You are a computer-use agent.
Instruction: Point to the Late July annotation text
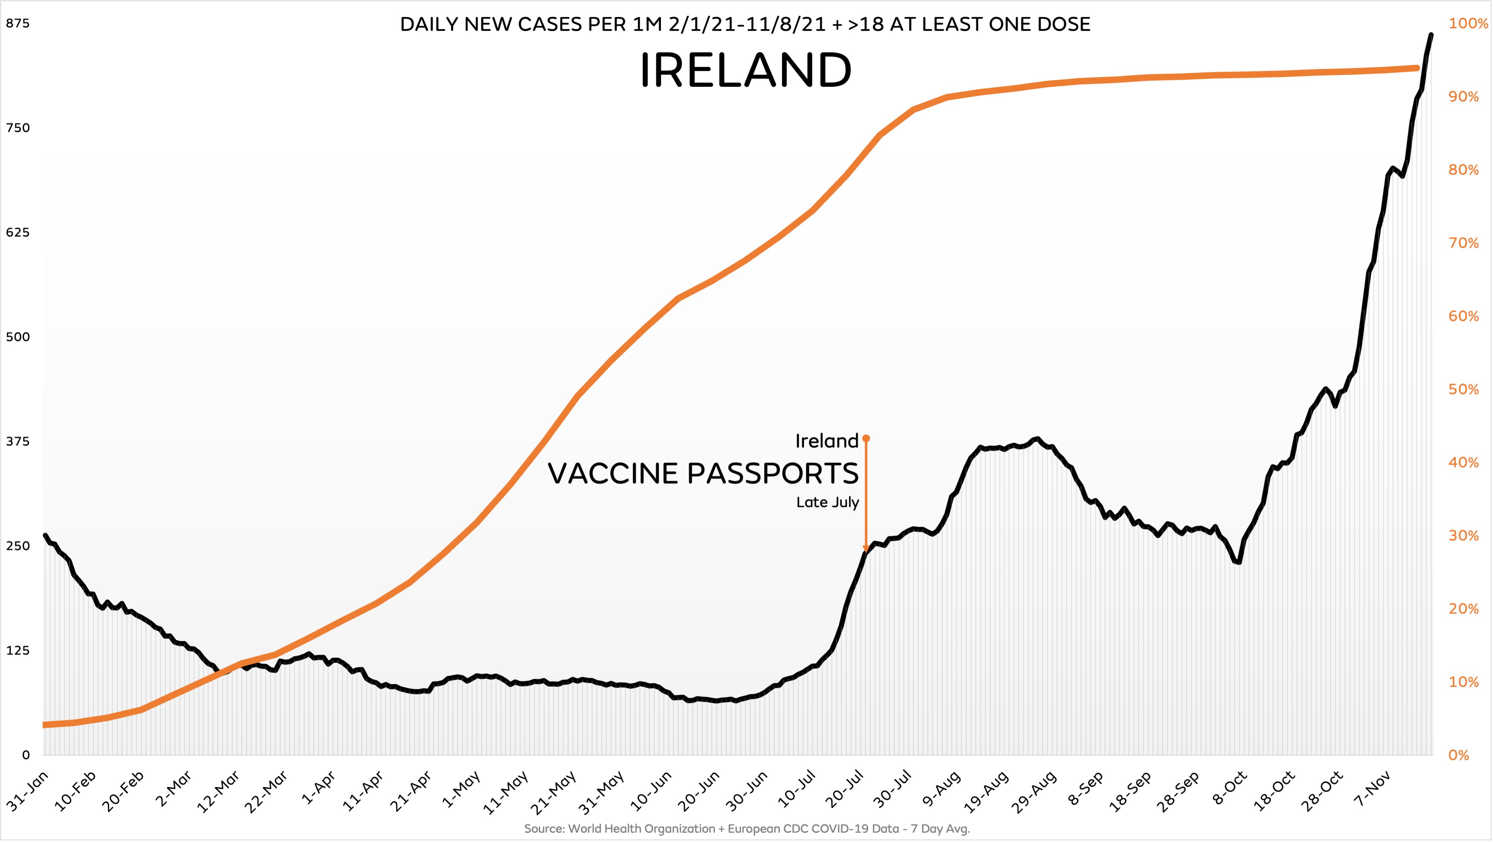pyautogui.click(x=827, y=502)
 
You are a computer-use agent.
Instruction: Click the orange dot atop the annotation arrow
pyautogui.click(x=866, y=439)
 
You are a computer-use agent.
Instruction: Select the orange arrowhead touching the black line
pyautogui.click(x=866, y=548)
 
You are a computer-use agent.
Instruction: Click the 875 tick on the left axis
pyautogui.click(x=17, y=24)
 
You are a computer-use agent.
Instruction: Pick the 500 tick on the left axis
pyautogui.click(x=17, y=337)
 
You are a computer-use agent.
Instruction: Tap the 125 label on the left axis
pyautogui.click(x=17, y=650)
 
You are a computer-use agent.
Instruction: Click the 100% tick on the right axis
pyautogui.click(x=1467, y=24)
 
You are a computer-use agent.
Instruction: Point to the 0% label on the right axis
pyautogui.click(x=1459, y=755)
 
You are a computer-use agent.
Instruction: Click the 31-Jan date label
pyautogui.click(x=28, y=791)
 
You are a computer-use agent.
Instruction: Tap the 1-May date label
pyautogui.click(x=461, y=789)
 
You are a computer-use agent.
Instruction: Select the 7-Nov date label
pyautogui.click(x=1372, y=789)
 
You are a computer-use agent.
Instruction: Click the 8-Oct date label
pyautogui.click(x=1230, y=789)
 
